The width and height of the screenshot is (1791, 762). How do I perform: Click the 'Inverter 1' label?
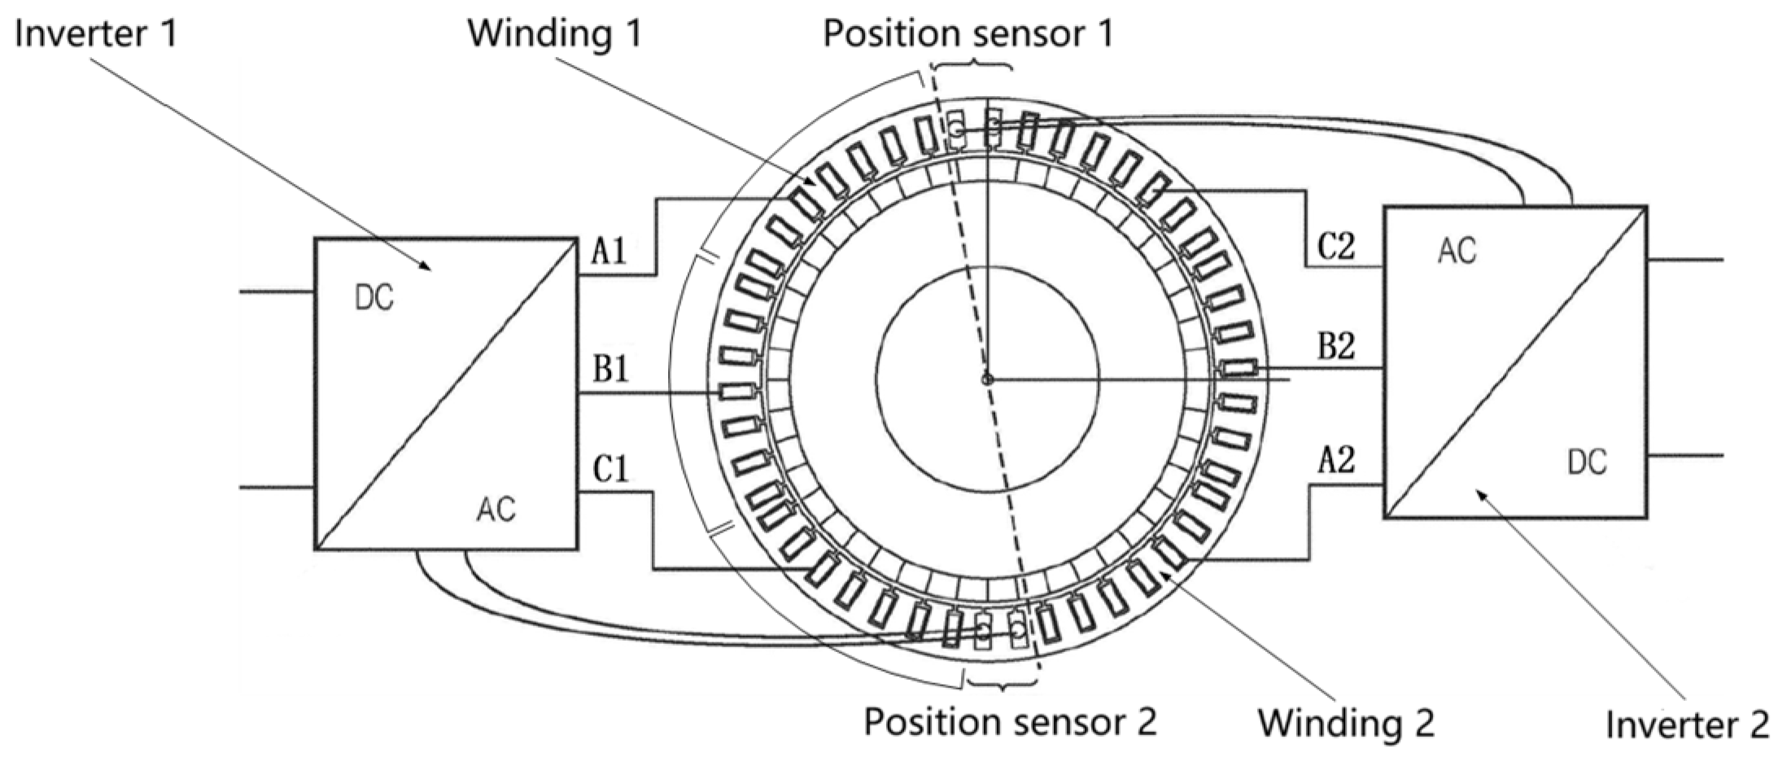[95, 34]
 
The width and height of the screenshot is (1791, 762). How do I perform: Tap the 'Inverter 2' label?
[1686, 724]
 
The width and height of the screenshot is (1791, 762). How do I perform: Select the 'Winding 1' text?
[554, 33]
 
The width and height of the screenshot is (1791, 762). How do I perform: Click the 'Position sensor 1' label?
[968, 33]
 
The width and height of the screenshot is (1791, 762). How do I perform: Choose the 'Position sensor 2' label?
[1009, 721]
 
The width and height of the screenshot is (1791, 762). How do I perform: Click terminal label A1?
[609, 252]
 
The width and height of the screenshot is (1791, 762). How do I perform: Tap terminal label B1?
[610, 370]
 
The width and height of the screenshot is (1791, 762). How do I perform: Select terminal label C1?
[610, 470]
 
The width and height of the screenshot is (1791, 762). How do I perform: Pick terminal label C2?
[1336, 245]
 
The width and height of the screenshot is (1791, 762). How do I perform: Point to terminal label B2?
[1336, 347]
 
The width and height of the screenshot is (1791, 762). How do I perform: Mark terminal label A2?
[1336, 462]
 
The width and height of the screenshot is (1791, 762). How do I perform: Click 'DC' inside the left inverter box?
[374, 299]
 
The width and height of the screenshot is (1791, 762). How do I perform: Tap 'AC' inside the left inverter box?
[496, 510]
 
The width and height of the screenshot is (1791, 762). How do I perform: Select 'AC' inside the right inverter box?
[1456, 252]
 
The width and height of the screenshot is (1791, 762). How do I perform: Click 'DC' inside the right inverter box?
[1587, 462]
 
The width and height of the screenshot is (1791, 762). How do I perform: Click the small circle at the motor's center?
[988, 379]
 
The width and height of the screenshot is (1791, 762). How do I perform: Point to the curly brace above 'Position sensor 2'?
[1001, 681]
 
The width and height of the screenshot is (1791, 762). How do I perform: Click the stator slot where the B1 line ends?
[737, 392]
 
